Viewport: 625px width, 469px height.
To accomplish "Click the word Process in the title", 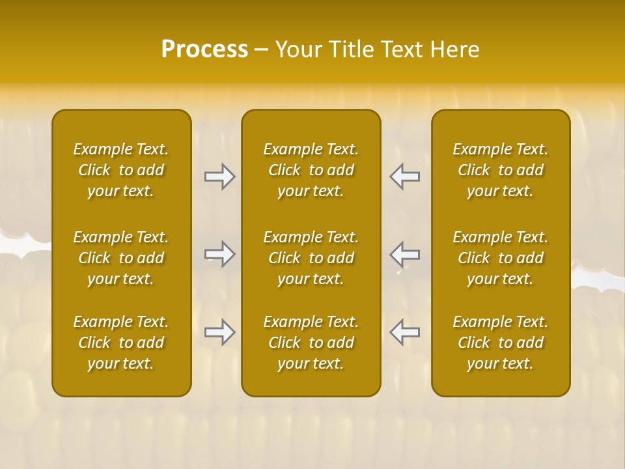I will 204,50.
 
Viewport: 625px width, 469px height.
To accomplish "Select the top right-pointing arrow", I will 220,177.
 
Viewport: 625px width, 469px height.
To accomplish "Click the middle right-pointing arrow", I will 220,253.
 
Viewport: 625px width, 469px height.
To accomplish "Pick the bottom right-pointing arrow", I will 220,332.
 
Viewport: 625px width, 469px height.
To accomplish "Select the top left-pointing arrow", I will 404,177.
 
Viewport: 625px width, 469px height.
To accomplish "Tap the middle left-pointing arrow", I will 404,253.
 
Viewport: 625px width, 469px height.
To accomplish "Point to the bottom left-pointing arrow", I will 404,332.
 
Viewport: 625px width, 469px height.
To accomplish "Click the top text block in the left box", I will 121,170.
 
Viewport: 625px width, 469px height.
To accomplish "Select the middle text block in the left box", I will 121,258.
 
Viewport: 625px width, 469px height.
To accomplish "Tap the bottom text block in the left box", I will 121,343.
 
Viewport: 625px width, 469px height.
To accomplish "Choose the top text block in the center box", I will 311,170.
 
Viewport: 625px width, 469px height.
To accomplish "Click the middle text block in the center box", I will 311,258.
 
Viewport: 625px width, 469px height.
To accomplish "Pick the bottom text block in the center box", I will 311,343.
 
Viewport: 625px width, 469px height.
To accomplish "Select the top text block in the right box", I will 501,170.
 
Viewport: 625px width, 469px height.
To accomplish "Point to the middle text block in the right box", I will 501,258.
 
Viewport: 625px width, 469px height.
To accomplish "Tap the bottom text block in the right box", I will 501,343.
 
